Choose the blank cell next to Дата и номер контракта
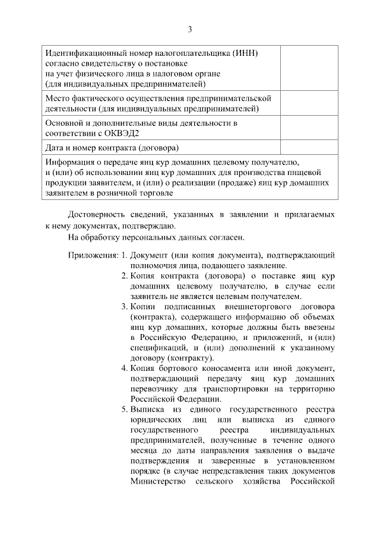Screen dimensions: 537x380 tap(308, 147)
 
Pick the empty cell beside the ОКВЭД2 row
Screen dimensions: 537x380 tap(308, 127)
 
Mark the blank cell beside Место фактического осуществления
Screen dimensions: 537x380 tap(308, 103)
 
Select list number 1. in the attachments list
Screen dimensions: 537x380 tap(125, 255)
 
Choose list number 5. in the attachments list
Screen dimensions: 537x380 tap(125, 409)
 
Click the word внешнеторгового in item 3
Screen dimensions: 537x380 tap(243, 307)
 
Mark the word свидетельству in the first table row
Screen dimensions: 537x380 tap(107, 63)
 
